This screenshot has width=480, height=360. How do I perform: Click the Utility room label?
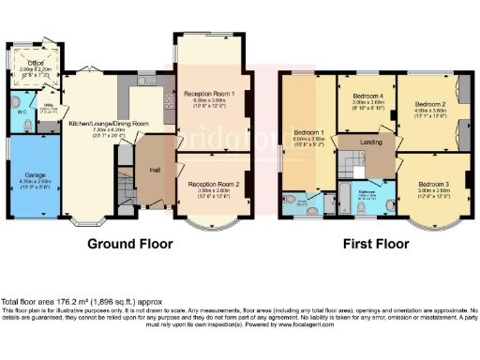[x=50, y=108]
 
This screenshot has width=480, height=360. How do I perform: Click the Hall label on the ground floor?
[x=157, y=171]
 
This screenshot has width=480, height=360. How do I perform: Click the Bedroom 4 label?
[x=367, y=96]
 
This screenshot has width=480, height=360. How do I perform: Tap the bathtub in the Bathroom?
[x=346, y=197]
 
